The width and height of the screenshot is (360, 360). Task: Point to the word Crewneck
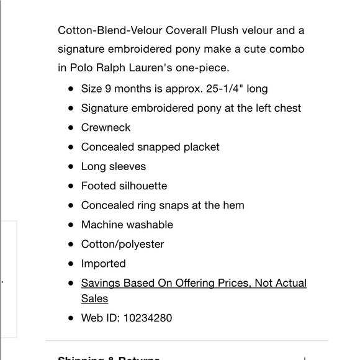(106, 127)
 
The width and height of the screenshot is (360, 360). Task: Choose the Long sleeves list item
(114, 166)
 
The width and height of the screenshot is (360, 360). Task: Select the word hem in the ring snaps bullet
(233, 205)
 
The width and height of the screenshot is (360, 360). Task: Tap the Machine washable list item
(127, 225)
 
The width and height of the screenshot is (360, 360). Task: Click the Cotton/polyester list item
(123, 244)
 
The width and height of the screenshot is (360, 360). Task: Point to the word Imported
(104, 263)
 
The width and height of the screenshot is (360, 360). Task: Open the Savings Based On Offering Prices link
(194, 283)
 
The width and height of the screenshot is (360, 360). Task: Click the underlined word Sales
(95, 299)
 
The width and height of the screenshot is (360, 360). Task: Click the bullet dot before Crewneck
(70, 128)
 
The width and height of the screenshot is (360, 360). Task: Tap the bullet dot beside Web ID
(70, 318)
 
